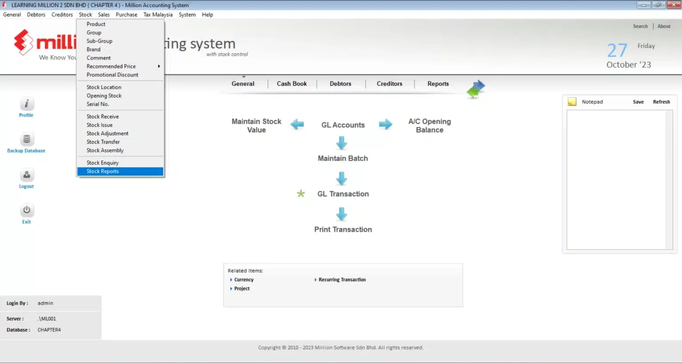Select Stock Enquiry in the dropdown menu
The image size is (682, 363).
click(x=103, y=163)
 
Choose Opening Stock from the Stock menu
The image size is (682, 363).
click(x=104, y=96)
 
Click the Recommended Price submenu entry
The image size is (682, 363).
click(x=111, y=67)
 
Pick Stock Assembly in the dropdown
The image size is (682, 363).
click(x=105, y=150)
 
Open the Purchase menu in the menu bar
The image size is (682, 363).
click(x=127, y=15)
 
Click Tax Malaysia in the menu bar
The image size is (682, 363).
click(x=158, y=15)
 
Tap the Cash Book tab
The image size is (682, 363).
click(x=292, y=84)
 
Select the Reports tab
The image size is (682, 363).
click(x=438, y=84)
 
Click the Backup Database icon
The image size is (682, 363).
click(x=27, y=139)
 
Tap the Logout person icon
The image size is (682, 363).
click(x=27, y=175)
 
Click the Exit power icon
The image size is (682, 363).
click(x=27, y=210)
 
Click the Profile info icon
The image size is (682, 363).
click(x=27, y=104)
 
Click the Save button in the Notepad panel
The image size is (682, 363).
click(x=638, y=102)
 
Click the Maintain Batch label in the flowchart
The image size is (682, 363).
click(x=343, y=159)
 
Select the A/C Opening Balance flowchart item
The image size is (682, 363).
click(x=430, y=126)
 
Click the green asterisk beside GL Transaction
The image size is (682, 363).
click(x=301, y=194)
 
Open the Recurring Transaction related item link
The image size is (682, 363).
click(x=342, y=279)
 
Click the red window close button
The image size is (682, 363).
click(x=674, y=5)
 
